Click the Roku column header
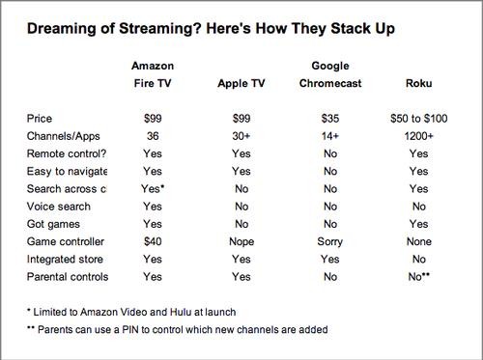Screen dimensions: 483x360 tap(418, 83)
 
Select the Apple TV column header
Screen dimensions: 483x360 tap(241, 84)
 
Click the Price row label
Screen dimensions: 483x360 tap(40, 119)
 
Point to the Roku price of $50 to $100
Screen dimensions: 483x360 tap(419, 119)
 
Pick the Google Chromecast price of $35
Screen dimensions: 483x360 tap(330, 119)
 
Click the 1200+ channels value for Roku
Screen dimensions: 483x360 tap(418, 136)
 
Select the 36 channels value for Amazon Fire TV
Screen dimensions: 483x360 tap(153, 136)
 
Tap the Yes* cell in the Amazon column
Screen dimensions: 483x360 tap(153, 188)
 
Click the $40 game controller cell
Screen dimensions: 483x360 tap(153, 241)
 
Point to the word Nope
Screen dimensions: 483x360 tap(241, 241)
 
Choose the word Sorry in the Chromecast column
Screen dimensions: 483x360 tap(330, 241)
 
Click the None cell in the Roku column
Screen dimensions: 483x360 tap(419, 241)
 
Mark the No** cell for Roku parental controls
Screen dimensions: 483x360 tap(419, 276)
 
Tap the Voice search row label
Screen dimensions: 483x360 tap(59, 207)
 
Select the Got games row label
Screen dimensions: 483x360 tap(53, 224)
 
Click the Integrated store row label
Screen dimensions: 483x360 tap(65, 259)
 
